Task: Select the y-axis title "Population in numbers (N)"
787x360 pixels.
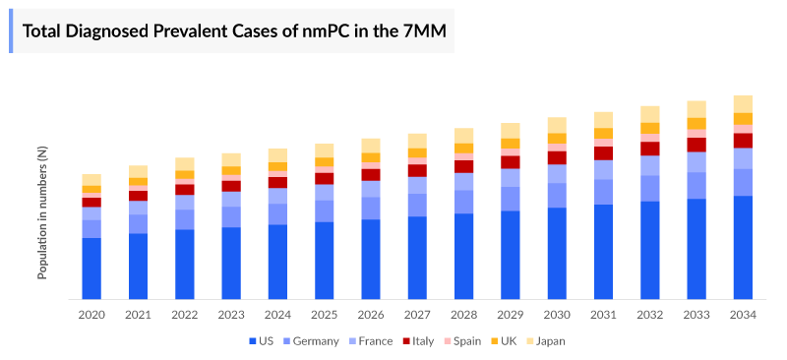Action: click(42, 212)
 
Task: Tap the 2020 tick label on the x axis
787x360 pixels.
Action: click(91, 315)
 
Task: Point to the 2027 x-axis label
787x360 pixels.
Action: click(417, 315)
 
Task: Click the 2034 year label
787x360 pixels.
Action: click(743, 315)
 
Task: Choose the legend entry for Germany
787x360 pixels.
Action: click(310, 341)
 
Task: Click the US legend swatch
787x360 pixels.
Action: click(253, 341)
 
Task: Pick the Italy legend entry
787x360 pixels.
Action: click(416, 341)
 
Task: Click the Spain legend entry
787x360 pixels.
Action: click(462, 341)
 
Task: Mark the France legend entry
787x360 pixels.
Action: click(370, 341)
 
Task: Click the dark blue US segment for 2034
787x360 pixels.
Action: click(743, 247)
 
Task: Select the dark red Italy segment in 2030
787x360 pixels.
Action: click(557, 157)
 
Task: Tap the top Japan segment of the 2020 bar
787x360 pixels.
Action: click(91, 179)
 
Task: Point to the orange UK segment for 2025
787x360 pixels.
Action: click(325, 162)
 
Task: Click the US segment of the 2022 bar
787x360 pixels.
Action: click(185, 264)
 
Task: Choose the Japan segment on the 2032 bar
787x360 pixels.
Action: click(650, 114)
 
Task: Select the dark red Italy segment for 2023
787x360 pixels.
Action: click(231, 186)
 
